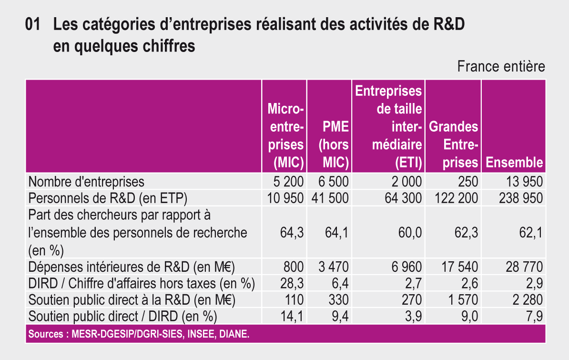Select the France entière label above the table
pos(501,67)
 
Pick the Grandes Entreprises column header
pos(454,144)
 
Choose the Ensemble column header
pos(514,162)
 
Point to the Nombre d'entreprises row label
pos(86,182)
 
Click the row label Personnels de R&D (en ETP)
pos(108,198)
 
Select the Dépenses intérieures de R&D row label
pos(132,267)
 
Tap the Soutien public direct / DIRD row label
pos(123,316)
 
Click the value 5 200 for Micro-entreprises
pos(288,182)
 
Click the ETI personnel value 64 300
pos(403,198)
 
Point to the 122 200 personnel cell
pos(456,198)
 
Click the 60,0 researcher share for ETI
pos(411,233)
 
